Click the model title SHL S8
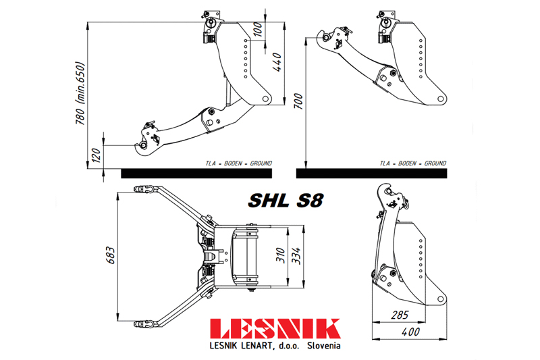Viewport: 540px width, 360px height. (286, 201)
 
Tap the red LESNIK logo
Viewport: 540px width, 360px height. (275, 329)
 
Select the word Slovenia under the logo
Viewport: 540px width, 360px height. (324, 346)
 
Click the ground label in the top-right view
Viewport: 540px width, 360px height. (412, 163)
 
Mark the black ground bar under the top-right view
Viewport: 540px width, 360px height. (371, 174)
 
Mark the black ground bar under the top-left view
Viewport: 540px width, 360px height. (196, 174)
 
